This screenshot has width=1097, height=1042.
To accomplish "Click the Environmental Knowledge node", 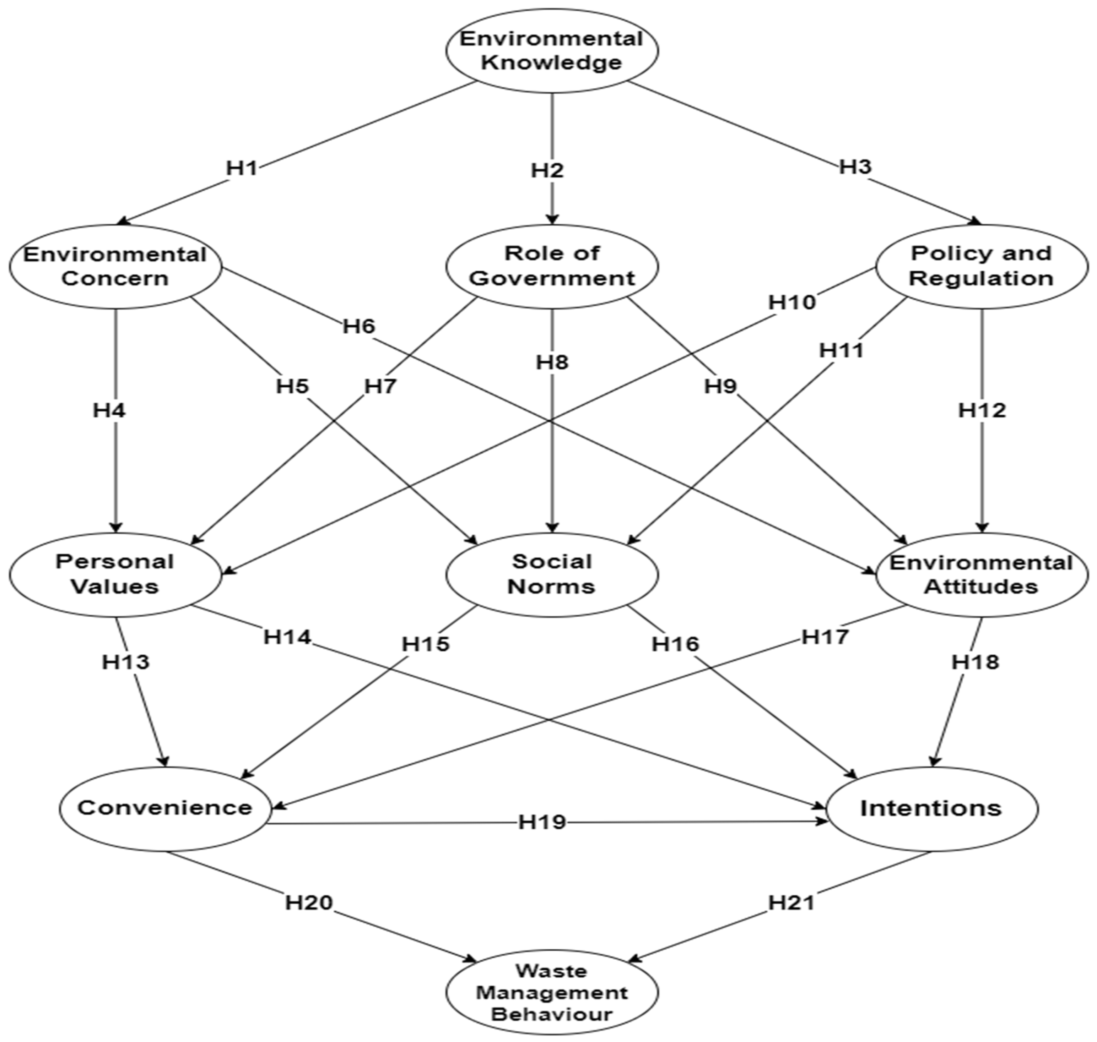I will pyautogui.click(x=551, y=50).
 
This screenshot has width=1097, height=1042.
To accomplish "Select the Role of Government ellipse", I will pyautogui.click(x=551, y=266).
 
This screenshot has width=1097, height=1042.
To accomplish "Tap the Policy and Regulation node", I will pyautogui.click(x=982, y=266).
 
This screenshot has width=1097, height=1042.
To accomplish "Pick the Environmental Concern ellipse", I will pyautogui.click(x=115, y=266).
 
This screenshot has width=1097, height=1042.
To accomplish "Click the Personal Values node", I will pyautogui.click(x=115, y=574).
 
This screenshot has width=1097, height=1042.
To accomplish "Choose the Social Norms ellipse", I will pyautogui.click(x=551, y=574).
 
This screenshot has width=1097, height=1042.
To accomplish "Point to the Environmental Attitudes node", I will pyautogui.click(x=982, y=574).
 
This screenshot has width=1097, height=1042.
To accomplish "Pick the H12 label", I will pyautogui.click(x=982, y=410).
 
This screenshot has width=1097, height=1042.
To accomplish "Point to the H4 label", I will pyautogui.click(x=109, y=410).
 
